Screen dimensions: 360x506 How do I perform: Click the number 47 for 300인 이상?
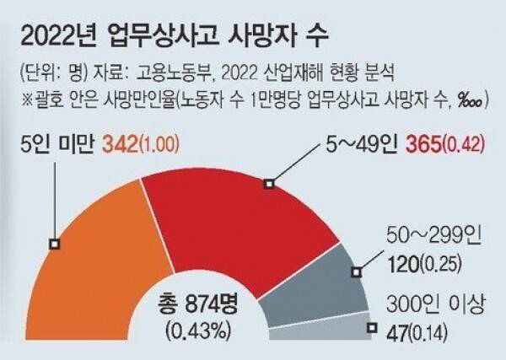[394, 335]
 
